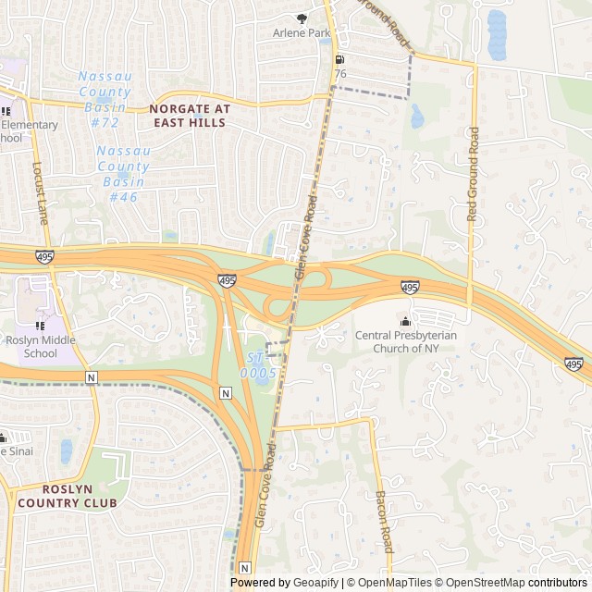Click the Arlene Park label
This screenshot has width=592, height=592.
(x=301, y=32)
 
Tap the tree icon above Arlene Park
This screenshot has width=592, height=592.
(x=301, y=18)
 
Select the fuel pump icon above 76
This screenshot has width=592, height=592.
(x=340, y=59)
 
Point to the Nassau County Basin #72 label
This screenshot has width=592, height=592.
(x=105, y=98)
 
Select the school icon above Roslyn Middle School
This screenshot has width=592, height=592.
(x=40, y=326)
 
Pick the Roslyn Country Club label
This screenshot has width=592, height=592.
(x=67, y=496)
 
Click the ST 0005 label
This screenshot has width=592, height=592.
(x=258, y=364)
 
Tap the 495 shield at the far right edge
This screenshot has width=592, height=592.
(x=573, y=364)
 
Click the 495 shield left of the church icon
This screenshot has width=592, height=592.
(x=410, y=289)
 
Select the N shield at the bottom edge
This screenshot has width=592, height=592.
(x=244, y=567)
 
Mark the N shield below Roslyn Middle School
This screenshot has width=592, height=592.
(x=91, y=377)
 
